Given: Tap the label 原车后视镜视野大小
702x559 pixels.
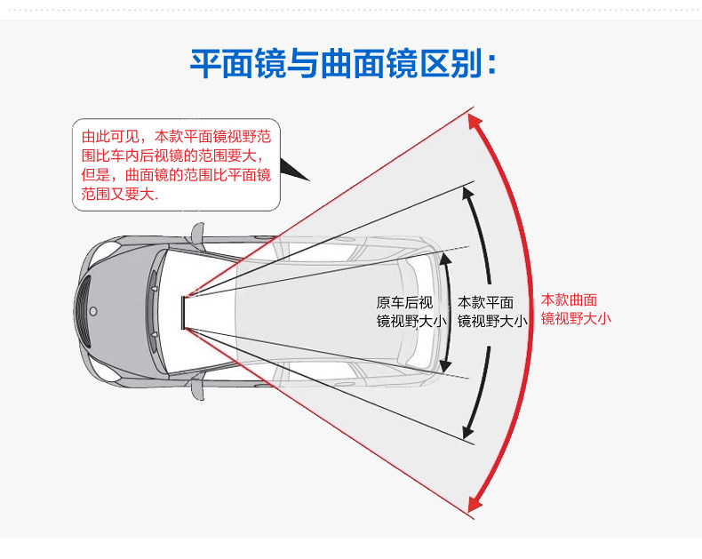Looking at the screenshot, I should pos(410,312).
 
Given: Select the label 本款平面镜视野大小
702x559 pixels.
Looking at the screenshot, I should pos(491,312).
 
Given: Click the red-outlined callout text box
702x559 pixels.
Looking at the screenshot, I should pos(176,165).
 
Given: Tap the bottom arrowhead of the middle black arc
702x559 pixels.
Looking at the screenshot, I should pos(467,433).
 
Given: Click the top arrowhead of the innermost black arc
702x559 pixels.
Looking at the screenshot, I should pos(444,259).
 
